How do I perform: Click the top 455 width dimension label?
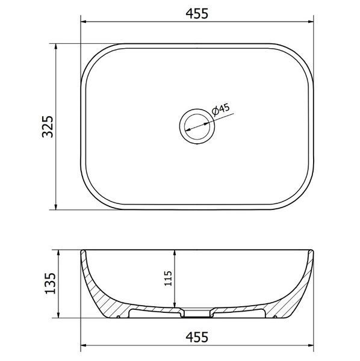point(197,13)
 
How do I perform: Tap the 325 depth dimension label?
point(48,126)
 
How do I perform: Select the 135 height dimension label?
point(50,283)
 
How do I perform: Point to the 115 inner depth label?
point(168,279)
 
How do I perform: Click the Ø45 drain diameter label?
point(221,110)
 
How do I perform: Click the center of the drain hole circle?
point(197,126)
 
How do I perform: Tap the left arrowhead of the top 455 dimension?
point(84,22)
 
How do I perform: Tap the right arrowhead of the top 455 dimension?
point(311,22)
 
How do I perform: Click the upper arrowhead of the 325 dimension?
point(55,46)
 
